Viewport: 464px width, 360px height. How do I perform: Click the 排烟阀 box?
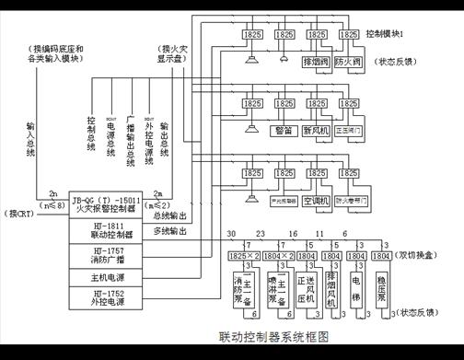click(x=315, y=63)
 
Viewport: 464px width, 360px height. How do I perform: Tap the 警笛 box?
click(x=283, y=131)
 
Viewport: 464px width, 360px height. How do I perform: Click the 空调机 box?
click(x=315, y=198)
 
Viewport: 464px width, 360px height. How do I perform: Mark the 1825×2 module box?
click(x=241, y=251)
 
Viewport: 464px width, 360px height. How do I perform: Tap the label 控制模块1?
click(x=399, y=32)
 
